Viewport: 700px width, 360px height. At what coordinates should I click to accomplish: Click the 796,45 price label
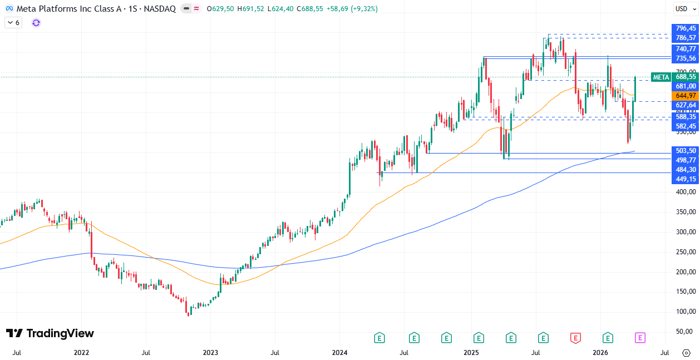pos(686,28)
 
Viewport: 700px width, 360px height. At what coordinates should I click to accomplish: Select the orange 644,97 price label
pos(686,96)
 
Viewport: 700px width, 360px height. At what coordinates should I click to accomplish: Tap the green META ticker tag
pos(660,77)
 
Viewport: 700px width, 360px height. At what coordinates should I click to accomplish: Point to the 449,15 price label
pos(686,179)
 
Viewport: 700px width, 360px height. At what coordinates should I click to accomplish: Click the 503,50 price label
pos(686,151)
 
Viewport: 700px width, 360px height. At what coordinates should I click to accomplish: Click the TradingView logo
pos(50,333)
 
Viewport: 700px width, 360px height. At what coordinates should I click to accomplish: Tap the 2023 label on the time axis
pos(210,353)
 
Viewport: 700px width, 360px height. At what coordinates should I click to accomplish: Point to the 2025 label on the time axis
pos(471,353)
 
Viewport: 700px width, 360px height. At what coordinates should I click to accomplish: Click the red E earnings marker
pos(575,338)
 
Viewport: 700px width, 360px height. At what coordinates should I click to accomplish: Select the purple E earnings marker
pos(640,338)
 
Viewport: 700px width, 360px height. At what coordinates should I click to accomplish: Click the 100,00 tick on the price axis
pos(686,312)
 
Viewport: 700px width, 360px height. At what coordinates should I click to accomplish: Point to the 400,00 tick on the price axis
pos(686,192)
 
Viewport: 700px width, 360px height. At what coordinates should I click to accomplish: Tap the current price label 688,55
pos(686,77)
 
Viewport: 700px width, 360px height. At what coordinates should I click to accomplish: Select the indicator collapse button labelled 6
pos(13,23)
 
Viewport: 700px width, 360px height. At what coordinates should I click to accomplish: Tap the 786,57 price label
pos(686,38)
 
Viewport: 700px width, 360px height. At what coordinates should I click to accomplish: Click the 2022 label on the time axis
pos(81,353)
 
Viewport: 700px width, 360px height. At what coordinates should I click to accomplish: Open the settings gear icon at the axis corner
pos(686,353)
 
